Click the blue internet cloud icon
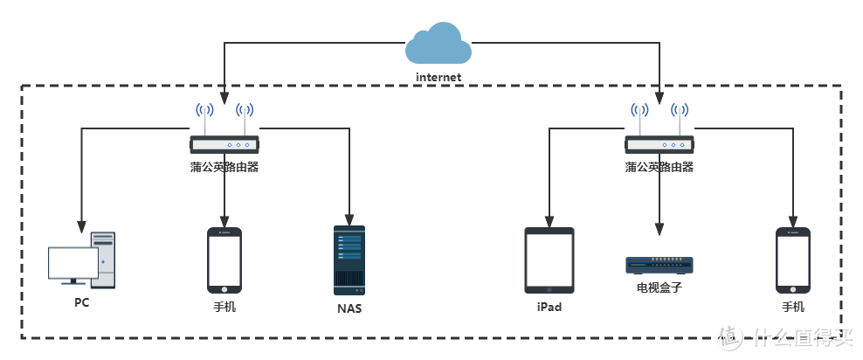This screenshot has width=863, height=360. coord(438,45)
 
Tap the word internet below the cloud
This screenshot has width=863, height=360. coord(438,77)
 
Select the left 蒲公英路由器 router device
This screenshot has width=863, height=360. coord(224,143)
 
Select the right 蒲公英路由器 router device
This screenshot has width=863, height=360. coord(659,143)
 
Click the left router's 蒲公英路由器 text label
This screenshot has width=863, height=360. coord(224,167)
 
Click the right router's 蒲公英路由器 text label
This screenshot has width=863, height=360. coord(659,167)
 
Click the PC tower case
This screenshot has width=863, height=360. coord(104,260)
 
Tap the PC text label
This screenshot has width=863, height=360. coord(81,303)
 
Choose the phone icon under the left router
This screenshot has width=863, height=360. coord(224,260)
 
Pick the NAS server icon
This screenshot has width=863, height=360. coord(349,260)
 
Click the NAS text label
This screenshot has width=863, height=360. coord(349,308)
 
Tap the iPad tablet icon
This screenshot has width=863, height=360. coord(549,260)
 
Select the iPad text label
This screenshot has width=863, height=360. coord(549,308)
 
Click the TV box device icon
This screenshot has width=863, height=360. coord(659,265)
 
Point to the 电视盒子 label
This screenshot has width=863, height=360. coord(659,287)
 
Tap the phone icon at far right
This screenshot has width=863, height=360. coord(793,260)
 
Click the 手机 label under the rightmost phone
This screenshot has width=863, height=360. coord(793,307)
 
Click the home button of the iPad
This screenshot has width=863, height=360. coord(549,287)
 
